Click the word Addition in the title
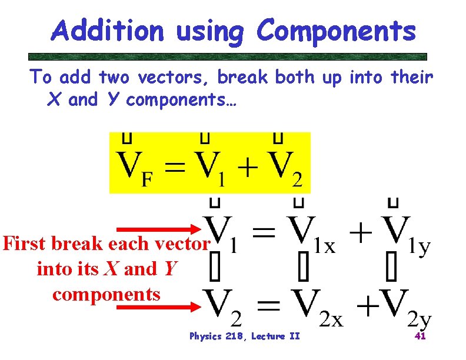point(107,31)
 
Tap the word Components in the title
point(336,31)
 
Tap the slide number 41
point(420,336)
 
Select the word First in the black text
point(25,244)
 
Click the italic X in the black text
point(109,269)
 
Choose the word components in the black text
point(106,294)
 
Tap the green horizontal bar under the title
point(228,56)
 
